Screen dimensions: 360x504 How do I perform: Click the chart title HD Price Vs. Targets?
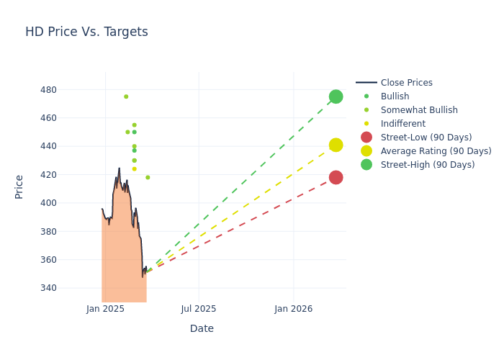[86, 32]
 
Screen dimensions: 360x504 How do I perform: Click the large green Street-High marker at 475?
[336, 96]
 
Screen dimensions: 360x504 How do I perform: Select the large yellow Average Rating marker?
[336, 145]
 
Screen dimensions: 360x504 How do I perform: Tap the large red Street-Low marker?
[336, 177]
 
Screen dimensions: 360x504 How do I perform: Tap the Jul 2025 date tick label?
[199, 309]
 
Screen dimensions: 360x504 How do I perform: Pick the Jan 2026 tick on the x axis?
[294, 309]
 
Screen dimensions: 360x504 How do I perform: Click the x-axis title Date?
[202, 328]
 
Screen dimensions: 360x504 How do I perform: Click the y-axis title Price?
[19, 186]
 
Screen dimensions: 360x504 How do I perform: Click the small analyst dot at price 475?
[126, 96]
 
